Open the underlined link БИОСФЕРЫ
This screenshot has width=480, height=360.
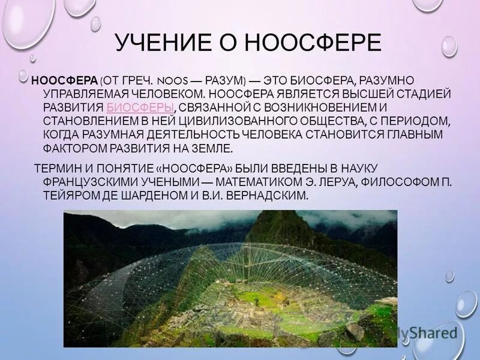[140, 108]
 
